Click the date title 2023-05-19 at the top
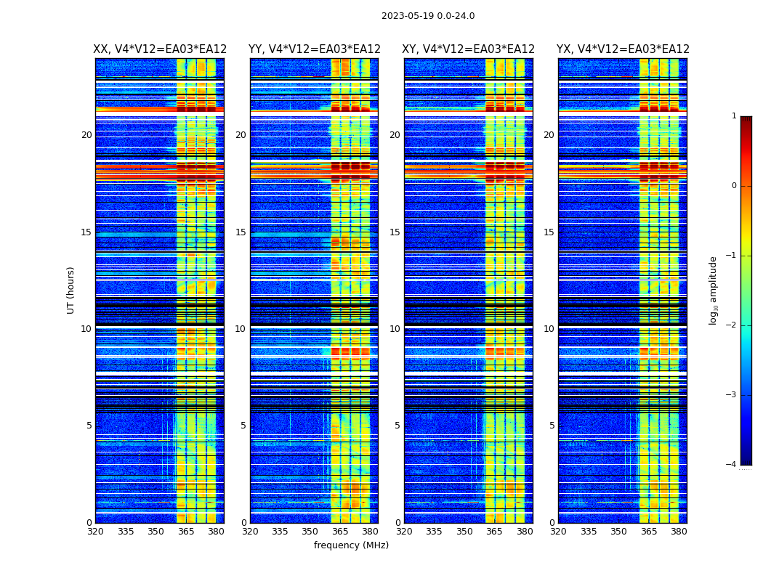(x=428, y=16)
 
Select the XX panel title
(x=160, y=49)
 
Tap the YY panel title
(x=314, y=49)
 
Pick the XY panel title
(x=469, y=49)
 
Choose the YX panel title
(x=623, y=49)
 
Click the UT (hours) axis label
(x=71, y=290)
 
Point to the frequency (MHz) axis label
(x=351, y=545)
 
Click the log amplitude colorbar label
(x=714, y=290)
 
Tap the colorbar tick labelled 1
(x=733, y=116)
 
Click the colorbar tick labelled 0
(x=733, y=186)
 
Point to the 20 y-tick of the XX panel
(x=86, y=135)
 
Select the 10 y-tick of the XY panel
(x=395, y=329)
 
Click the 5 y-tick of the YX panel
(x=552, y=426)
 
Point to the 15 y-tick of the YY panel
(x=241, y=232)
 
